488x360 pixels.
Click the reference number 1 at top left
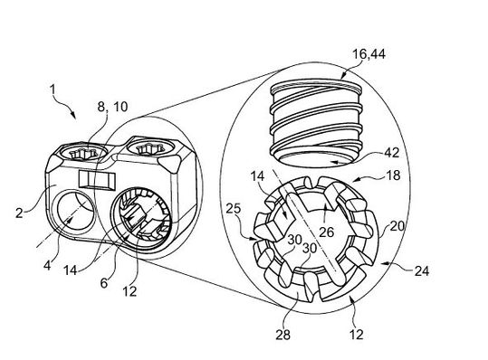pyautogui.click(x=53, y=90)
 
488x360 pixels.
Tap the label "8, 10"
pyautogui.click(x=112, y=107)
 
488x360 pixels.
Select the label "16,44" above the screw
pyautogui.click(x=368, y=54)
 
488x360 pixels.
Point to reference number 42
pyautogui.click(x=391, y=153)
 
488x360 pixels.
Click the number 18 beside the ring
pyautogui.click(x=392, y=175)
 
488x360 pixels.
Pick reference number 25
pyautogui.click(x=234, y=208)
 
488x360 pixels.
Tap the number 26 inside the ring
pyautogui.click(x=327, y=232)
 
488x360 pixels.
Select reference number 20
pyautogui.click(x=397, y=226)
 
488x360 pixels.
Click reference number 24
pyautogui.click(x=422, y=271)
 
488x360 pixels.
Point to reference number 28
pyautogui.click(x=282, y=335)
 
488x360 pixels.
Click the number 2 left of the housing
pyautogui.click(x=19, y=213)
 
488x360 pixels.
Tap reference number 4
pyautogui.click(x=47, y=266)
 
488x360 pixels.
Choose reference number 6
pyautogui.click(x=104, y=283)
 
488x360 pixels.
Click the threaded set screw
pyautogui.click(x=316, y=121)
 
